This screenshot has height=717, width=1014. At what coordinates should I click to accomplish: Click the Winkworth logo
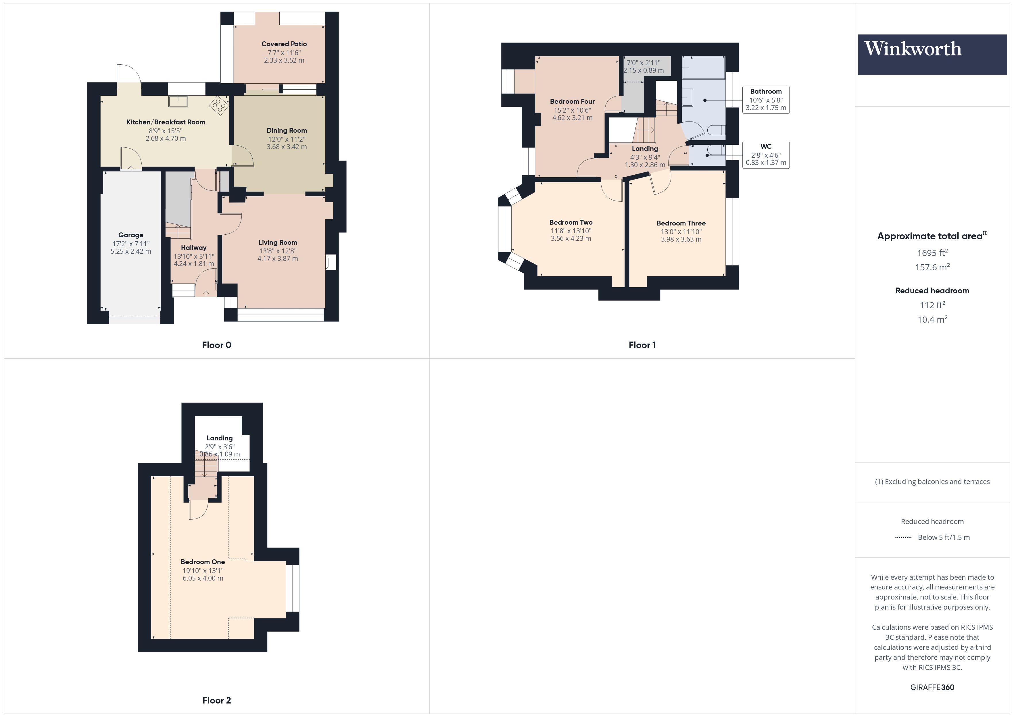click(932, 54)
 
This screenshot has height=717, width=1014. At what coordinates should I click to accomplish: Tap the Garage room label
click(131, 235)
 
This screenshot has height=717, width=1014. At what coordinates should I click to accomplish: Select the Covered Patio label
click(284, 44)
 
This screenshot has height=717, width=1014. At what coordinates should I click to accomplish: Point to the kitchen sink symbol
click(178, 101)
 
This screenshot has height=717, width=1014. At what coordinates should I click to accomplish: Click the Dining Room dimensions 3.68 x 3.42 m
click(287, 147)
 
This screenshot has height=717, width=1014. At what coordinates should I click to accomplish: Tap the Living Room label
click(278, 242)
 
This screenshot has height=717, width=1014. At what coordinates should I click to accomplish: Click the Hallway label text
click(193, 248)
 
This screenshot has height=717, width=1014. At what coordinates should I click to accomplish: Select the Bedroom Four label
click(572, 101)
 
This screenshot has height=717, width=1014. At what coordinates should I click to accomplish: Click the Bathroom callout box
click(766, 100)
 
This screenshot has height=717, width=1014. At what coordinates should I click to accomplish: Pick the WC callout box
click(766, 155)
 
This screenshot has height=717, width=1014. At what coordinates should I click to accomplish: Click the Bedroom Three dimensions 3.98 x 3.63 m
click(681, 239)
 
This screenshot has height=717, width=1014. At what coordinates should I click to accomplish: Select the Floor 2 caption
click(216, 700)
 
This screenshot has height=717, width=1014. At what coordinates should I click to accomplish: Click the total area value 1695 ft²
click(932, 253)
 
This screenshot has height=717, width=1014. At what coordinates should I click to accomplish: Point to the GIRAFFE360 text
click(932, 687)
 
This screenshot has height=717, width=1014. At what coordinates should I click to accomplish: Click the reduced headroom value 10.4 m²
click(932, 319)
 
